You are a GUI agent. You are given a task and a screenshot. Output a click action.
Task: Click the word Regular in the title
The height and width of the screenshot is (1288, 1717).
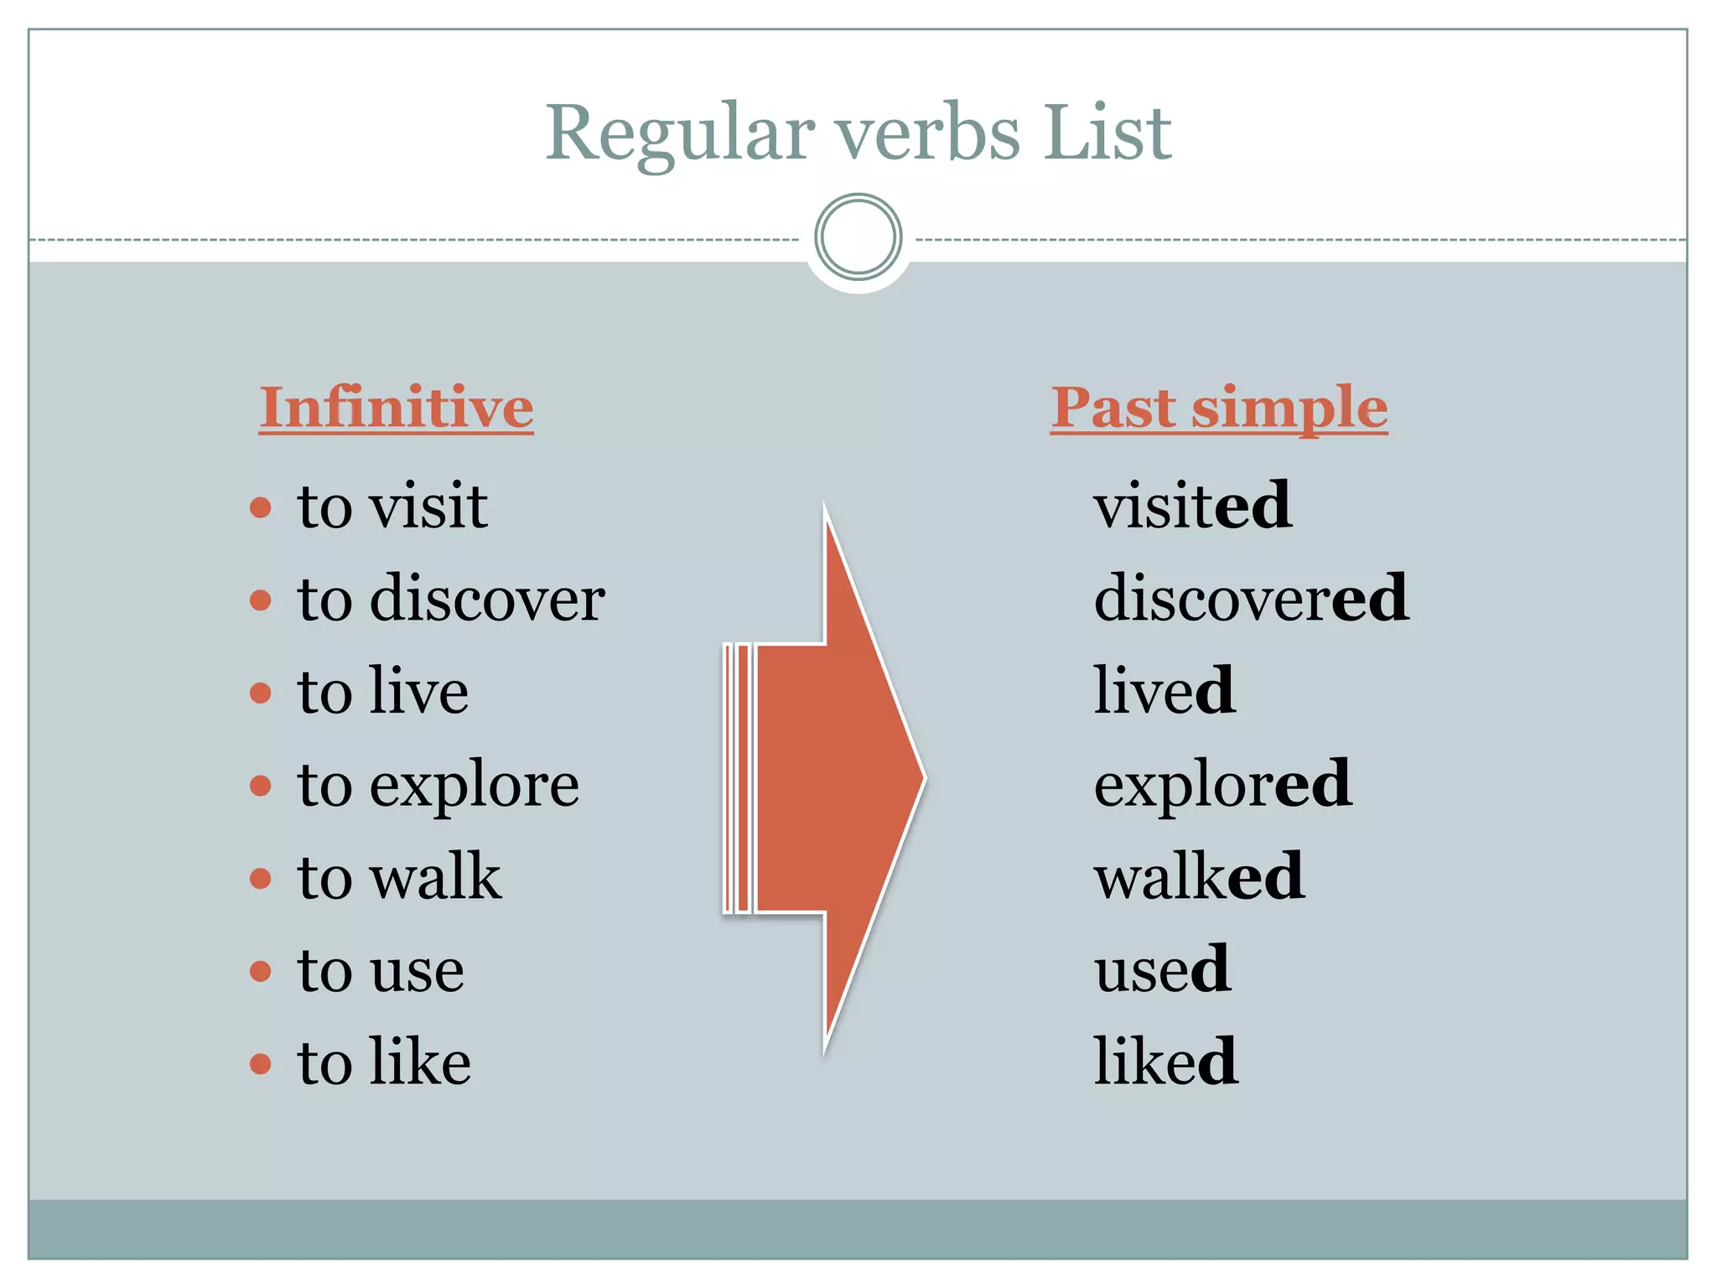pyautogui.click(x=680, y=134)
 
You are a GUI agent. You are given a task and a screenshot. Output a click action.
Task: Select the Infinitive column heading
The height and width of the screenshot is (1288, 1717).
pyautogui.click(x=396, y=408)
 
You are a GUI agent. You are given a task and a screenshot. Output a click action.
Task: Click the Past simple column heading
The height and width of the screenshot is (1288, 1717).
pyautogui.click(x=1219, y=408)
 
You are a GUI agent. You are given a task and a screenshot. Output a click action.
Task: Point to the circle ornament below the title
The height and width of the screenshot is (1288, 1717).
pyautogui.click(x=858, y=237)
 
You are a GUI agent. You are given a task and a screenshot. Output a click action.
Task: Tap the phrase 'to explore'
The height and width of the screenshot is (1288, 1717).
pyautogui.click(x=438, y=786)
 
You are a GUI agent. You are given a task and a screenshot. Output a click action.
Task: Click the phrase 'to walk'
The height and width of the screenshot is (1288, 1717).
pyautogui.click(x=399, y=878)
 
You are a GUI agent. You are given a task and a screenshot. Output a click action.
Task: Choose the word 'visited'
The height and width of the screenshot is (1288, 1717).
pyautogui.click(x=1192, y=506)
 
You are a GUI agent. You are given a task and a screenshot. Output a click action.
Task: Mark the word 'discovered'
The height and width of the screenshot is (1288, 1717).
pyautogui.click(x=1251, y=599)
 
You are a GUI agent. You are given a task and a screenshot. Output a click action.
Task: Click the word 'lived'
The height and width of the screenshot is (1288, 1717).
pyautogui.click(x=1164, y=691)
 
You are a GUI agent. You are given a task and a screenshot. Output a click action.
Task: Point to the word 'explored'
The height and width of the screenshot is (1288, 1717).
pyautogui.click(x=1222, y=786)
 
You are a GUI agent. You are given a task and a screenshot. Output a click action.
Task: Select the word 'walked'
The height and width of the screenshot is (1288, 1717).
pyautogui.click(x=1199, y=878)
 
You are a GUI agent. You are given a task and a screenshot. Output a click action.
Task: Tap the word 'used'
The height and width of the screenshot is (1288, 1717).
pyautogui.click(x=1162, y=970)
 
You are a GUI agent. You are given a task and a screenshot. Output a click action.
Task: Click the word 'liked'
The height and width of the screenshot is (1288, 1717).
pyautogui.click(x=1165, y=1062)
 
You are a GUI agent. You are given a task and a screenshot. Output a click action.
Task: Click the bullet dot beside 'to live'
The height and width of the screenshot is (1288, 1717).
pyautogui.click(x=261, y=693)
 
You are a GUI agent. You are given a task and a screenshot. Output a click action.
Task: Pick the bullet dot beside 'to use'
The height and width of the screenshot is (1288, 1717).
pyautogui.click(x=261, y=971)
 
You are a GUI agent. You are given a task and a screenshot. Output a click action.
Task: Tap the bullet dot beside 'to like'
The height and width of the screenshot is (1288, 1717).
pyautogui.click(x=261, y=1064)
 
